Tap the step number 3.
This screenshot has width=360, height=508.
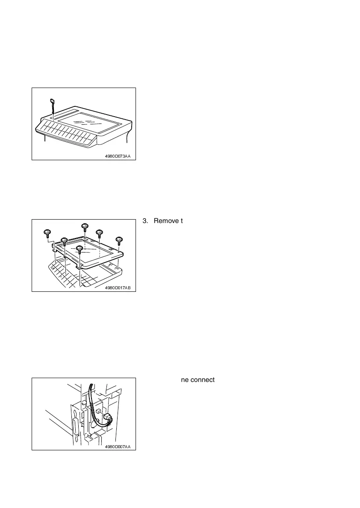pyautogui.click(x=144, y=221)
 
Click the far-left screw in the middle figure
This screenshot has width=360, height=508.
pyautogui.click(x=47, y=233)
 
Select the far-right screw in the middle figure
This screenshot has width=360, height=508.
pyautogui.click(x=119, y=240)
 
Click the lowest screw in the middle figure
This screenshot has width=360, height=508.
pyautogui.click(x=79, y=249)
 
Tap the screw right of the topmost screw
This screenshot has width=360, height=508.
pyautogui.click(x=100, y=233)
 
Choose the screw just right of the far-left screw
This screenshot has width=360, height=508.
pyautogui.click(x=64, y=242)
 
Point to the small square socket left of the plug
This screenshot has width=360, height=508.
pyautogui.click(x=97, y=411)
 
